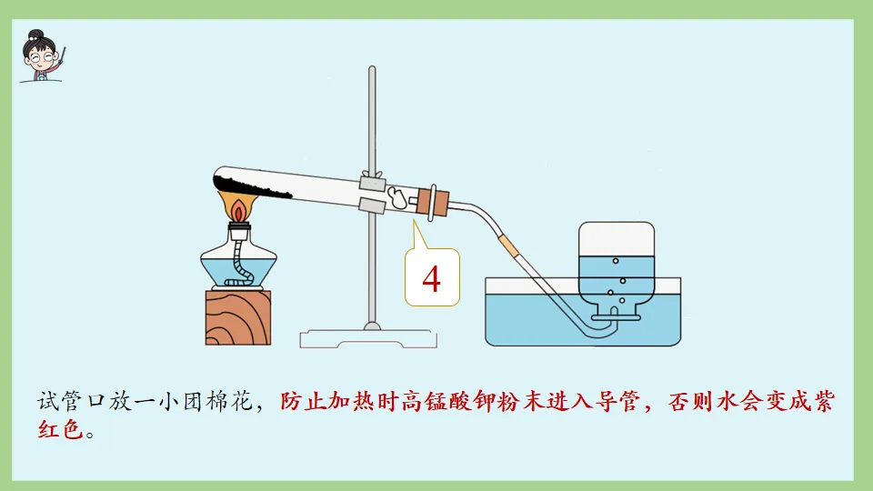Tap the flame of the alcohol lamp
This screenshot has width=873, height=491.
[x=240, y=209]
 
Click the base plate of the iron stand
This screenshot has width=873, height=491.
[x=369, y=337]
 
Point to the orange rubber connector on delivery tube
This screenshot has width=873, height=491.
[x=507, y=244]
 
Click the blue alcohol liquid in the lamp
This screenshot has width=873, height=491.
[x=238, y=269]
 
